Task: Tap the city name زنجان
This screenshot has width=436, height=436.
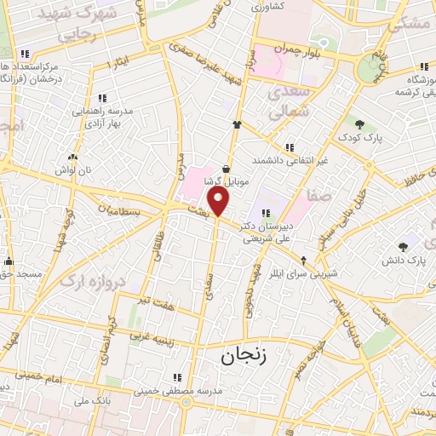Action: [x=244, y=355]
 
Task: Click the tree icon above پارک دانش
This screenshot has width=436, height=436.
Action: [x=403, y=246]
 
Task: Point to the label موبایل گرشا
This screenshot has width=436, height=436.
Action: [x=226, y=181]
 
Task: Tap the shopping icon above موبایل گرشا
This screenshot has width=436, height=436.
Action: [x=226, y=169]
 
